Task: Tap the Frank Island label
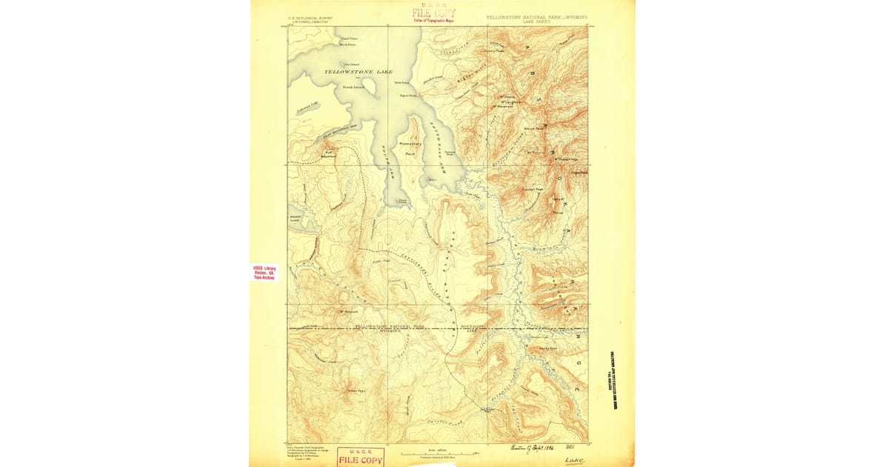353,87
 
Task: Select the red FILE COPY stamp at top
434,13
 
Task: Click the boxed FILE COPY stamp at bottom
361,457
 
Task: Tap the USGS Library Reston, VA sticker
264,272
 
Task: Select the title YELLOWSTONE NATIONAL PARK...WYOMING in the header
536,16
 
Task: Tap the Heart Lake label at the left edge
294,219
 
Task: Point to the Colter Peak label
533,188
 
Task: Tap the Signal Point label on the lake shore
407,95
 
